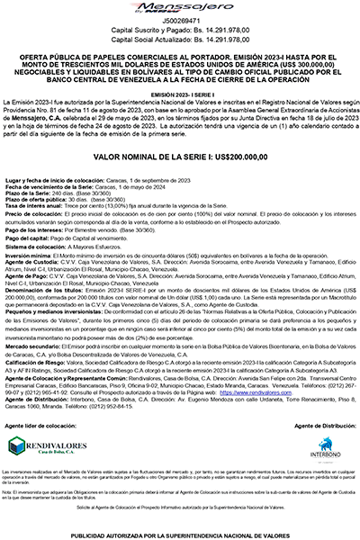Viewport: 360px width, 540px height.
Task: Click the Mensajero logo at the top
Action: [x=180, y=10]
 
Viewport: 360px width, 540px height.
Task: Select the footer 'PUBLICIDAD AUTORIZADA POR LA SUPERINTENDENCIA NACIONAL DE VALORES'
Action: [x=180, y=534]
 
